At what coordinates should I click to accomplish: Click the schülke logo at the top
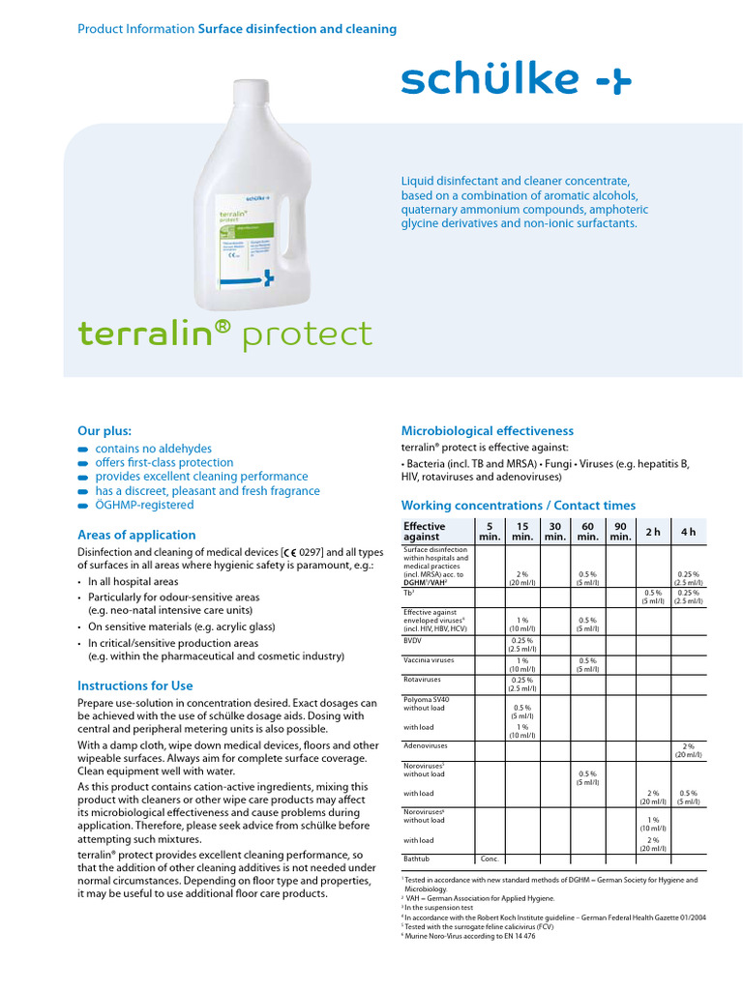[x=516, y=81]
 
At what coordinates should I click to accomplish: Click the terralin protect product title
[x=224, y=334]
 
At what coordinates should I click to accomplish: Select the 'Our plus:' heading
[x=104, y=430]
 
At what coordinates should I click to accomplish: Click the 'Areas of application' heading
[x=135, y=535]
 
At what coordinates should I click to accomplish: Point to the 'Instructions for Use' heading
[x=134, y=685]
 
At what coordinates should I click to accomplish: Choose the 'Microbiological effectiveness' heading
[x=487, y=430]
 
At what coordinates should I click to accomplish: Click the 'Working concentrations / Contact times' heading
[x=518, y=506]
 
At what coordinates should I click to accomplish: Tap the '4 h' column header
[x=688, y=532]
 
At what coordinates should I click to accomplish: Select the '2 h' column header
[x=652, y=532]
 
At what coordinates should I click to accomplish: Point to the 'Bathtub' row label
[x=418, y=858]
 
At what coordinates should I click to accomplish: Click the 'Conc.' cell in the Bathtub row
[x=490, y=858]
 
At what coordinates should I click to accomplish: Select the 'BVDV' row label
[x=414, y=639]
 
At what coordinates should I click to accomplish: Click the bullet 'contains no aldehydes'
[x=153, y=449]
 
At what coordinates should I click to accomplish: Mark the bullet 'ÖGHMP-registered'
[x=144, y=505]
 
